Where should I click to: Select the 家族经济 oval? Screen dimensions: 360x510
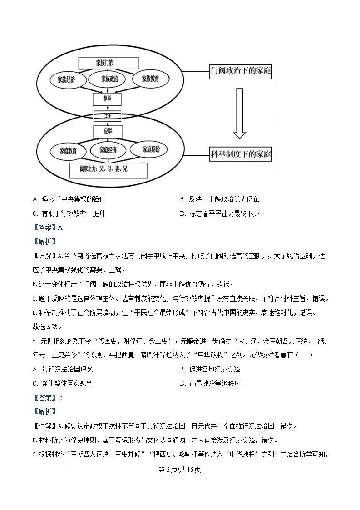click(x=66, y=79)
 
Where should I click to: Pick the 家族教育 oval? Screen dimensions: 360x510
click(x=150, y=79)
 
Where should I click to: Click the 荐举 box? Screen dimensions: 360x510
click(x=107, y=99)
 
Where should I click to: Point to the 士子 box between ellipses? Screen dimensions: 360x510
click(x=108, y=116)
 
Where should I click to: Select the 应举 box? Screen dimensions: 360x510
click(x=108, y=132)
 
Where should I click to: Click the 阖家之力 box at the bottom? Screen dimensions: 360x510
click(x=108, y=170)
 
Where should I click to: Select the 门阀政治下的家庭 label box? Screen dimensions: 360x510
click(x=241, y=71)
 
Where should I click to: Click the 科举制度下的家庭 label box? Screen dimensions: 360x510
click(x=241, y=154)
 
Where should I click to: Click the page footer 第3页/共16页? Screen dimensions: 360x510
click(x=180, y=470)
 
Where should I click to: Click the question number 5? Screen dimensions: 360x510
click(x=34, y=341)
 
